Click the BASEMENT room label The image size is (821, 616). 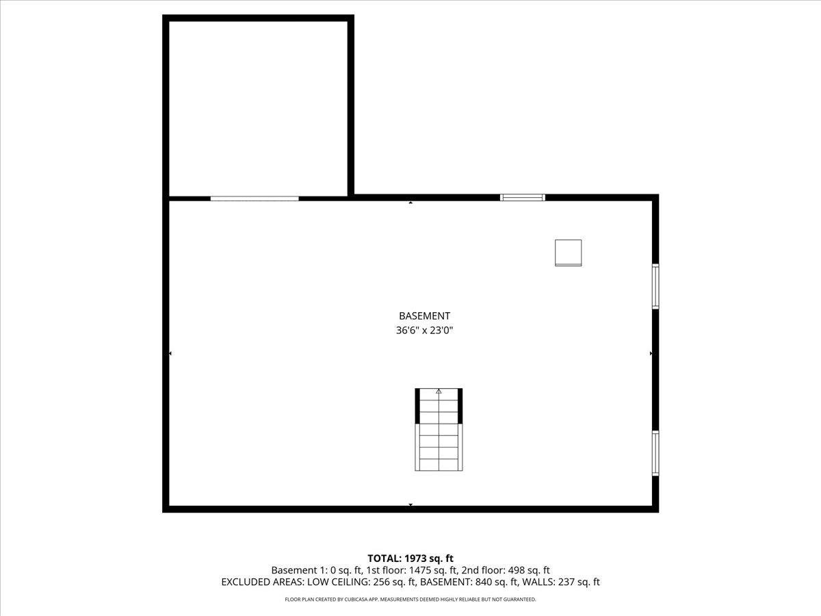pyautogui.click(x=424, y=316)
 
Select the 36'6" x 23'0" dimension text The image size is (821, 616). pyautogui.click(x=424, y=331)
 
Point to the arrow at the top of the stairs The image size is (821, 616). pyautogui.click(x=439, y=392)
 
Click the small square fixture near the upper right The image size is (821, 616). pyautogui.click(x=568, y=253)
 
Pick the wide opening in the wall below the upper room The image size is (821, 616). pyautogui.click(x=255, y=198)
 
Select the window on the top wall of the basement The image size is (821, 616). pyautogui.click(x=523, y=198)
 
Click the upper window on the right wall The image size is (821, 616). pyautogui.click(x=655, y=286)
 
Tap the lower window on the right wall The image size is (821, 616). pyautogui.click(x=655, y=453)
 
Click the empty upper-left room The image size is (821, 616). pyautogui.click(x=259, y=108)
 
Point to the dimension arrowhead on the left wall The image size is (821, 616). pyautogui.click(x=170, y=353)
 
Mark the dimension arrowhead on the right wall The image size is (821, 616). pyautogui.click(x=651, y=353)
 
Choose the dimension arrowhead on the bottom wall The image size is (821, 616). pyautogui.click(x=410, y=505)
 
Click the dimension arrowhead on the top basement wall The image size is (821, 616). pyautogui.click(x=410, y=203)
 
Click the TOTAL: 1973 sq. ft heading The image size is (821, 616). pyautogui.click(x=410, y=559)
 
